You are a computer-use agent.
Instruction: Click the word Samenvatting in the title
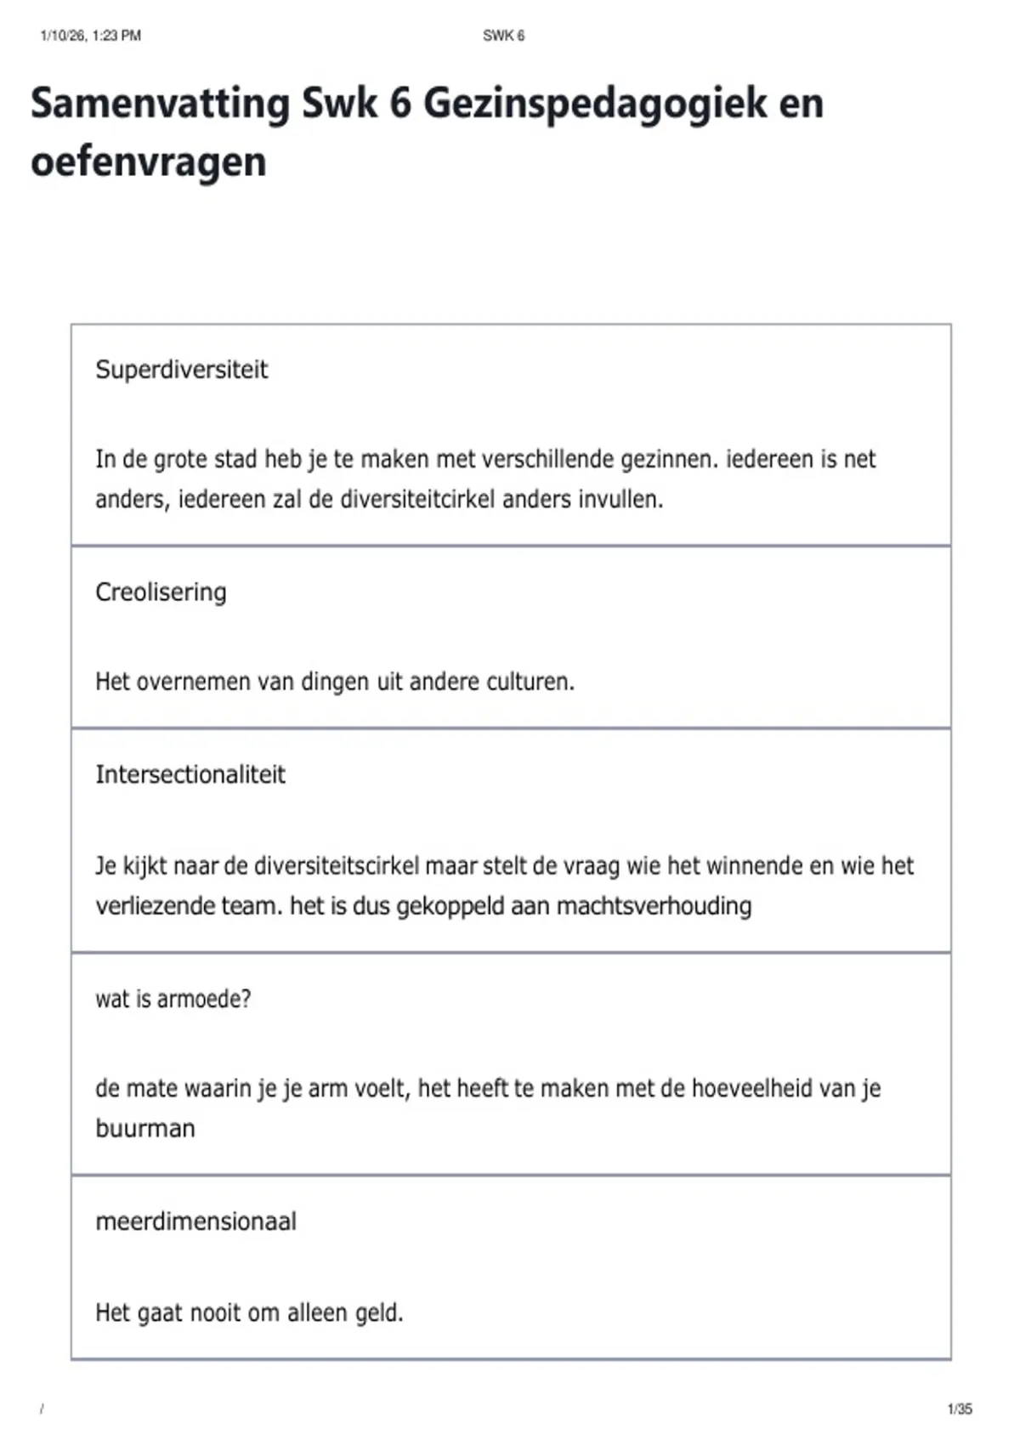coord(160,104)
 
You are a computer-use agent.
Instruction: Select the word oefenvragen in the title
coord(149,161)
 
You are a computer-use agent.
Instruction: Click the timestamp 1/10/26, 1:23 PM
coord(90,36)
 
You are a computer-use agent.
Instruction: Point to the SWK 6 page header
coord(503,36)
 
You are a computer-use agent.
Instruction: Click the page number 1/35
coord(959,1409)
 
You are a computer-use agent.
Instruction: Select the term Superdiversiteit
coord(181,370)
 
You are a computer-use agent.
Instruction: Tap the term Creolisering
coord(161,592)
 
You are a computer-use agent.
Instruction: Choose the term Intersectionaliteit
coord(190,774)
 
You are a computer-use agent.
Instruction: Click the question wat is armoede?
coord(173,999)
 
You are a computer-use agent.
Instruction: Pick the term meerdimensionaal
coord(195,1221)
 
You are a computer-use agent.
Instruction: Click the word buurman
coord(145,1129)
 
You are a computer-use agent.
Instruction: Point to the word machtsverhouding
coord(654,906)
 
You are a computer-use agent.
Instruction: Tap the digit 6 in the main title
coord(399,104)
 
